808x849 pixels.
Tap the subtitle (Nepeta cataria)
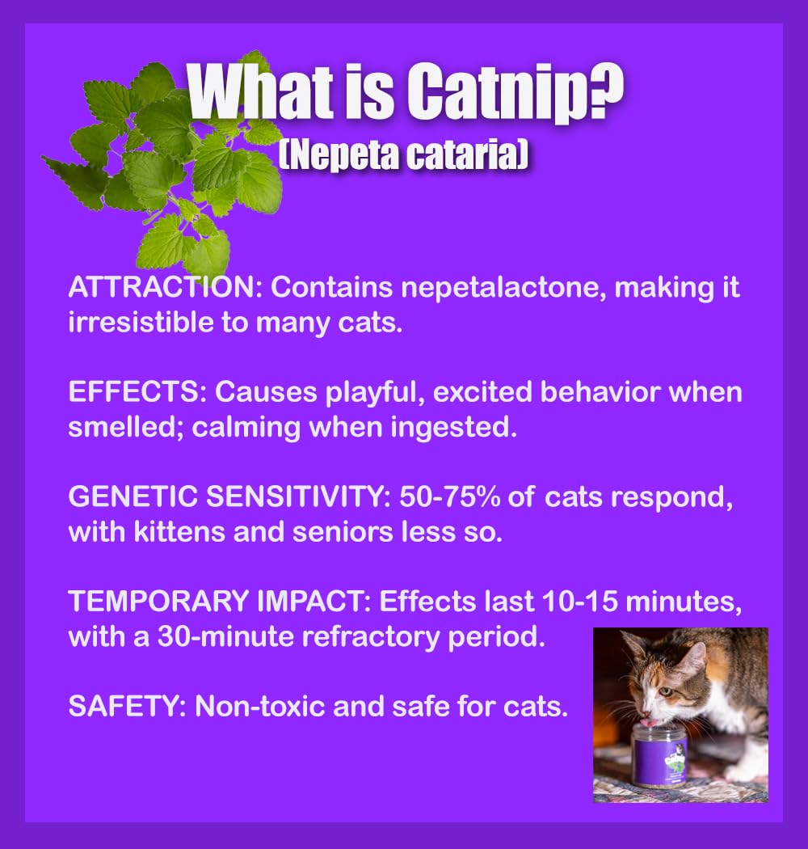pyautogui.click(x=403, y=154)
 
